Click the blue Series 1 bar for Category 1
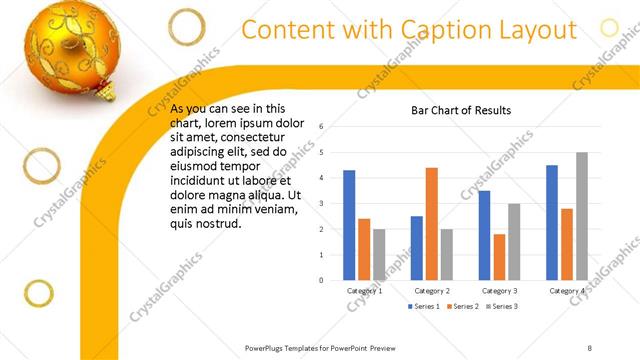[x=349, y=225]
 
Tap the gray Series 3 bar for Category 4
[x=581, y=216]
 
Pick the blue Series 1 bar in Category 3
[x=484, y=235]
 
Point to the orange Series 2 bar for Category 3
[x=499, y=257]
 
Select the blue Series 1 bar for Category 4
[x=552, y=222]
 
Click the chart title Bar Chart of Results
[x=462, y=110]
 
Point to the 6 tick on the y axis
[x=321, y=127]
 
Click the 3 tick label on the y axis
[x=321, y=204]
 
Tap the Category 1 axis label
[x=364, y=290]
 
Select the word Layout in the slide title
[x=536, y=30]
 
